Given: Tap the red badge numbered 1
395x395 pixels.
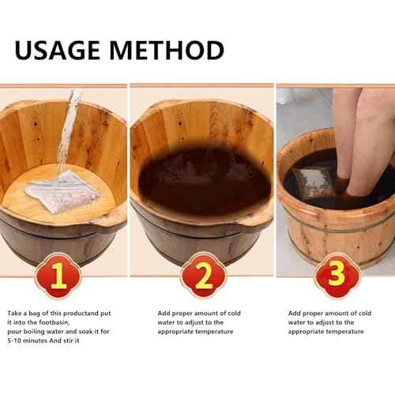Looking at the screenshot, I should click(57, 277).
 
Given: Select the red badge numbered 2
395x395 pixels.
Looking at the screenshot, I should click(203, 277).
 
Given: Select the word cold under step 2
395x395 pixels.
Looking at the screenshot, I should click(233, 314).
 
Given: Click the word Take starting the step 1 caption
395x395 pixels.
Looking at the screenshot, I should click(16, 314).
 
